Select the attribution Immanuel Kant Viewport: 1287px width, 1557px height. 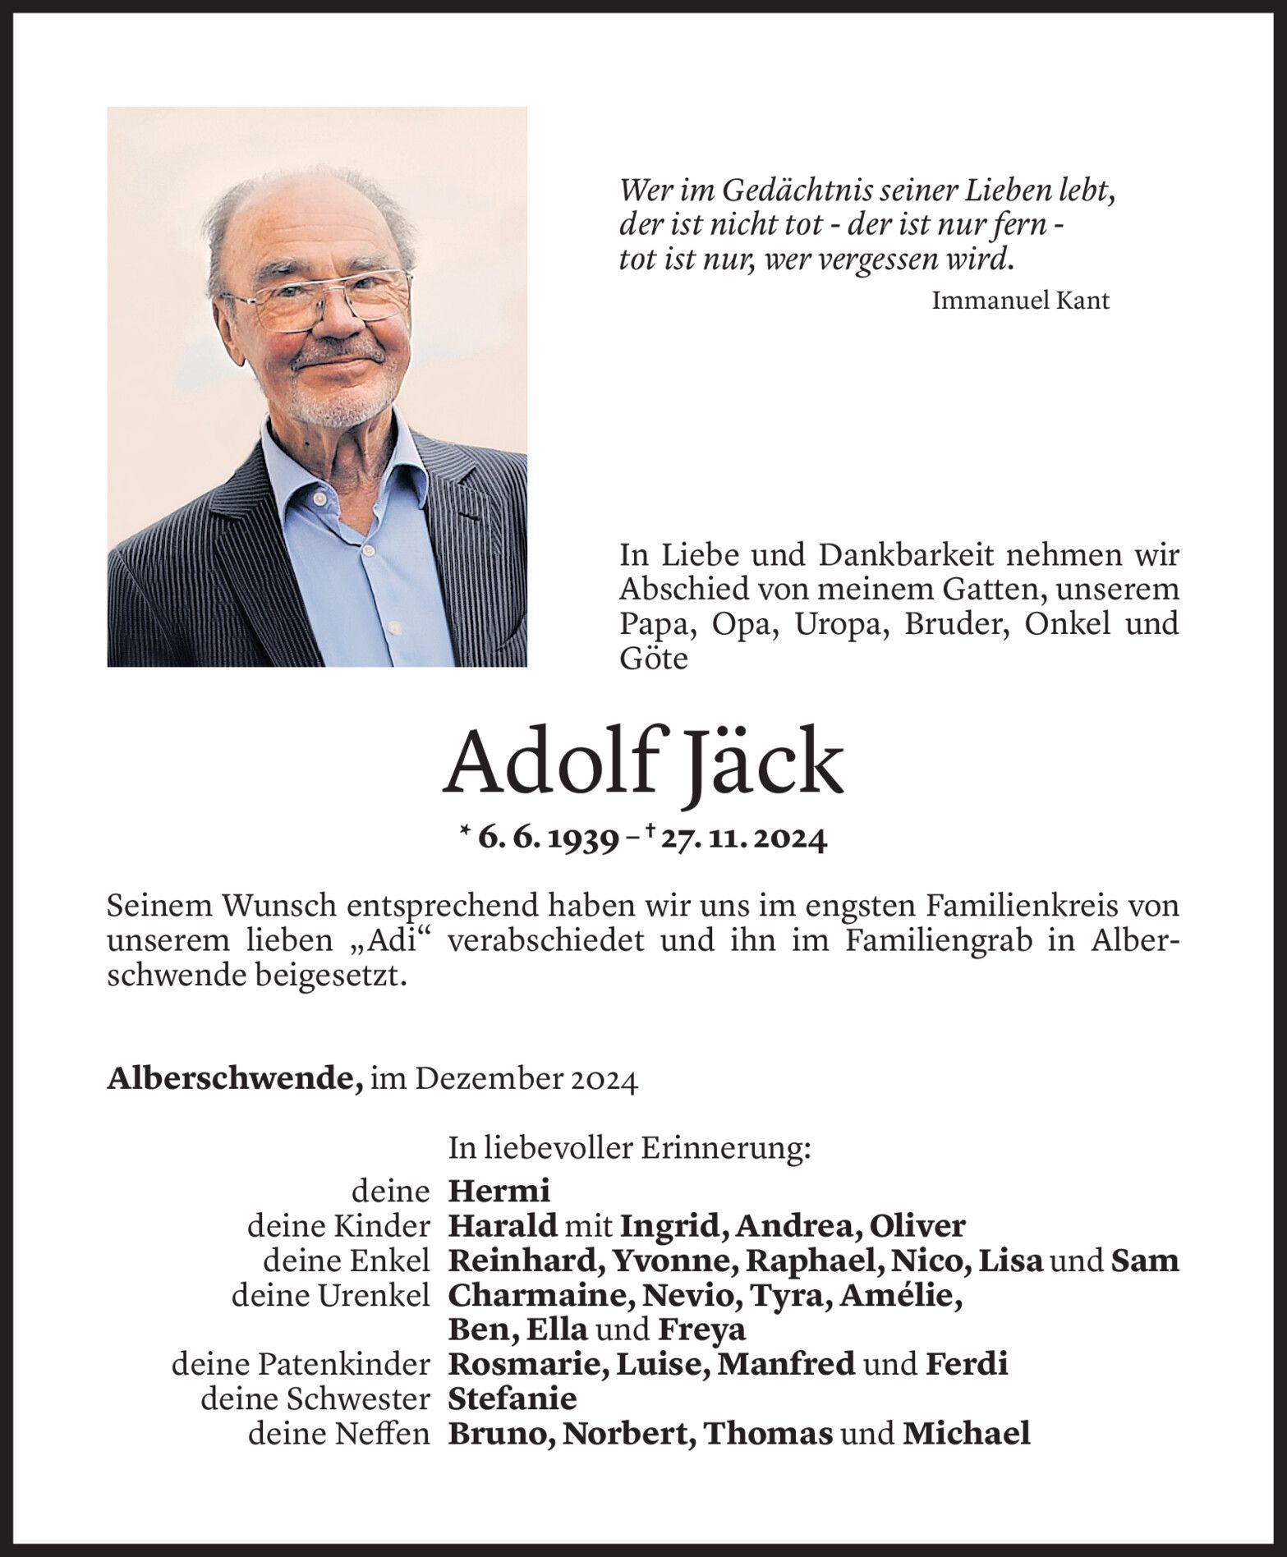click(x=1020, y=301)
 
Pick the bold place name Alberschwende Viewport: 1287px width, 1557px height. click(x=235, y=1078)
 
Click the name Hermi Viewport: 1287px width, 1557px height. click(x=499, y=1190)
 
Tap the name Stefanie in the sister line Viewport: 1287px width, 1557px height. click(x=513, y=1398)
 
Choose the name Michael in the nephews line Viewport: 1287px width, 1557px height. click(x=966, y=1433)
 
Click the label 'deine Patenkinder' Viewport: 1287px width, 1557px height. click(x=301, y=1364)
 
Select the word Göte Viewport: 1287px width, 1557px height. click(x=653, y=659)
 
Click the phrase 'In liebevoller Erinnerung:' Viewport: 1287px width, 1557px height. click(x=629, y=1149)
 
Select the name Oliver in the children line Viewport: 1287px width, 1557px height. click(x=917, y=1225)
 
